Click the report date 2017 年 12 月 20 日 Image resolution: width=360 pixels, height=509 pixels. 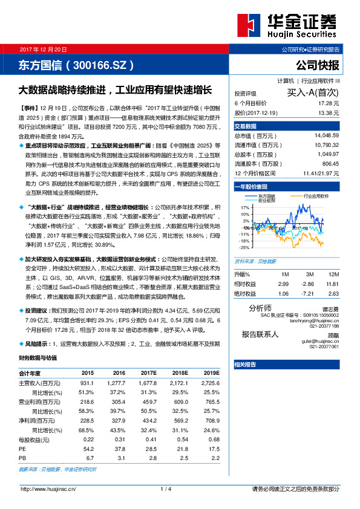click(44, 49)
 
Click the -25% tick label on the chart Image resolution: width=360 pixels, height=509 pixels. click(244, 247)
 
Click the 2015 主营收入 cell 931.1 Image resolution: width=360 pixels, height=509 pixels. click(87, 383)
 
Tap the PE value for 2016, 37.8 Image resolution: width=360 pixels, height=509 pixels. click(119, 449)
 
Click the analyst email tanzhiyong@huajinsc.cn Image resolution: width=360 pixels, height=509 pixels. click(317, 320)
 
